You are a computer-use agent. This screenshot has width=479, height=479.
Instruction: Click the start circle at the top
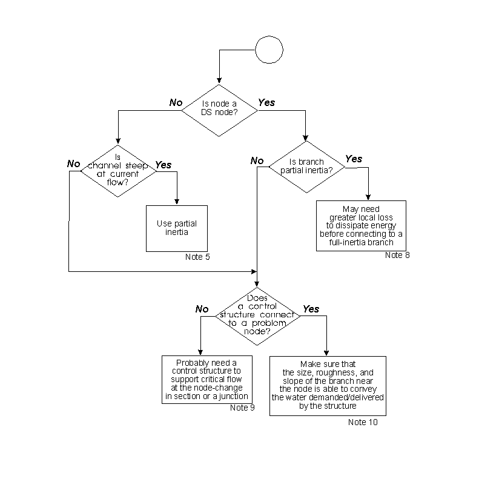click(x=269, y=49)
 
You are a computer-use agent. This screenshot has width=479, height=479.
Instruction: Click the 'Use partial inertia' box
click(x=177, y=228)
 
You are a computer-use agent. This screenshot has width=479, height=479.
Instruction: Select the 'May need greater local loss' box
click(x=361, y=225)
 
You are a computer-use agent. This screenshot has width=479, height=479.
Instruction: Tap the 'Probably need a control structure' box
click(x=206, y=378)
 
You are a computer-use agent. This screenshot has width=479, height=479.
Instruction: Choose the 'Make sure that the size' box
click(x=328, y=385)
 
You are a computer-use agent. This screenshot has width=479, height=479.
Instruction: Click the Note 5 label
click(x=197, y=257)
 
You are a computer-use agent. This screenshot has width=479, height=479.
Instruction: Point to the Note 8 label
click(x=397, y=255)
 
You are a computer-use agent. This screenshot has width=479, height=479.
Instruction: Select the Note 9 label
click(x=242, y=408)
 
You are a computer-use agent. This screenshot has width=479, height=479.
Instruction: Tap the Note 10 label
click(x=363, y=422)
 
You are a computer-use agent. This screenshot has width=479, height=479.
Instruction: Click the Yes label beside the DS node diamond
click(x=266, y=103)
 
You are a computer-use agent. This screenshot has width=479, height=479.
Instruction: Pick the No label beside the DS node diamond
click(x=176, y=103)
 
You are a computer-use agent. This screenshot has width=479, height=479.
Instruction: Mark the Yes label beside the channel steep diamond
click(x=164, y=165)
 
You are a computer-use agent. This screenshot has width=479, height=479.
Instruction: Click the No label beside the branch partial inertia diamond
click(x=257, y=161)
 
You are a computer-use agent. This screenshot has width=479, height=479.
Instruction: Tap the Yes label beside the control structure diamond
click(x=311, y=309)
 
